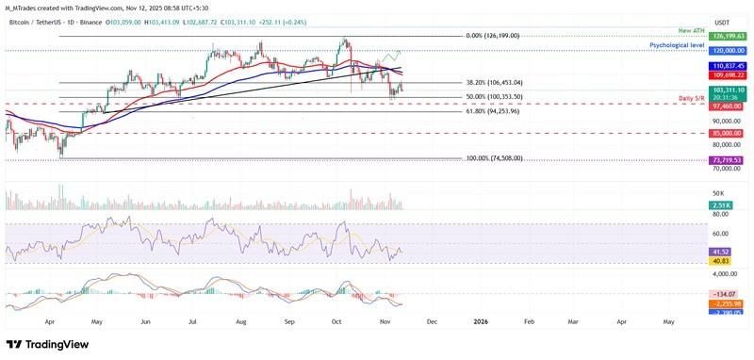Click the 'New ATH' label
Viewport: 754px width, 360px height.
(691, 30)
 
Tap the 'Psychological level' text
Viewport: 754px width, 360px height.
(678, 44)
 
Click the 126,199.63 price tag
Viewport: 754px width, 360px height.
(729, 36)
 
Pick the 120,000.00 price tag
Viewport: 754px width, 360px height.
(729, 50)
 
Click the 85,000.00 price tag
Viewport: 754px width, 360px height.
(729, 133)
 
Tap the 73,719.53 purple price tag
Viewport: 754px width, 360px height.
(729, 160)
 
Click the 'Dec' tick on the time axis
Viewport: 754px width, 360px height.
(432, 320)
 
